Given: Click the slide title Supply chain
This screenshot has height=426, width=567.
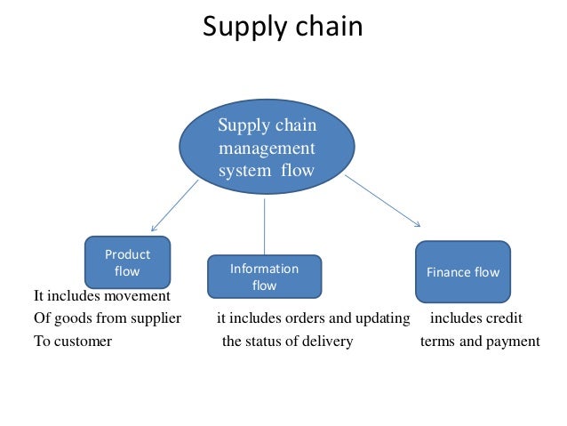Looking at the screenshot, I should [283, 27].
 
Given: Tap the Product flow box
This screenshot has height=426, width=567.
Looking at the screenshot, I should [128, 262].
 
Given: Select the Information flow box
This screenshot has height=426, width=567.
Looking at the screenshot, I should [264, 277].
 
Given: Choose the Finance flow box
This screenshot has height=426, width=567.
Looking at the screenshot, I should [463, 272].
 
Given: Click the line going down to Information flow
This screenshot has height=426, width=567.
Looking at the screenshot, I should [265, 227].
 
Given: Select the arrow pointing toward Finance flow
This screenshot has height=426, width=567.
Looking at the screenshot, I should [382, 201].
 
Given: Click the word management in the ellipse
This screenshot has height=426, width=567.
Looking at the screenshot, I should [267, 148].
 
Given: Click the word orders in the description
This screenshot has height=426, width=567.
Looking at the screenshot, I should [301, 318].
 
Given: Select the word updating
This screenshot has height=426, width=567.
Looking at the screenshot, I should [381, 318].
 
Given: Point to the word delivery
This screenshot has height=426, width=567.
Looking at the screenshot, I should [330, 342].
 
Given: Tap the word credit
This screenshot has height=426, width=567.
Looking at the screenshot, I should [502, 318].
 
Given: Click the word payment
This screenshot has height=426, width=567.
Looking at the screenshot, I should [514, 342].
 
